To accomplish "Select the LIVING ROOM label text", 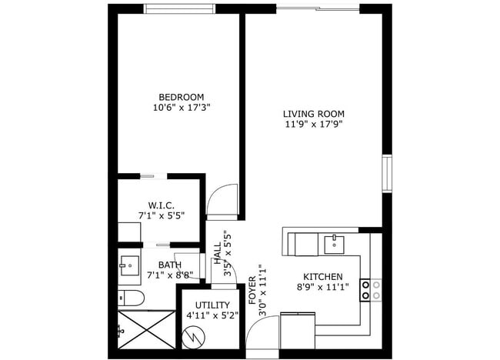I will [313, 114].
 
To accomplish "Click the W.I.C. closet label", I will [162, 205].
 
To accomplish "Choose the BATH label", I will [160, 264].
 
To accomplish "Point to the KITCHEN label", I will [323, 277].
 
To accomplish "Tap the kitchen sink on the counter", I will [334, 245].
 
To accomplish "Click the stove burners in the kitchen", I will [376, 288].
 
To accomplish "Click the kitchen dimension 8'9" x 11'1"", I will [323, 288].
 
